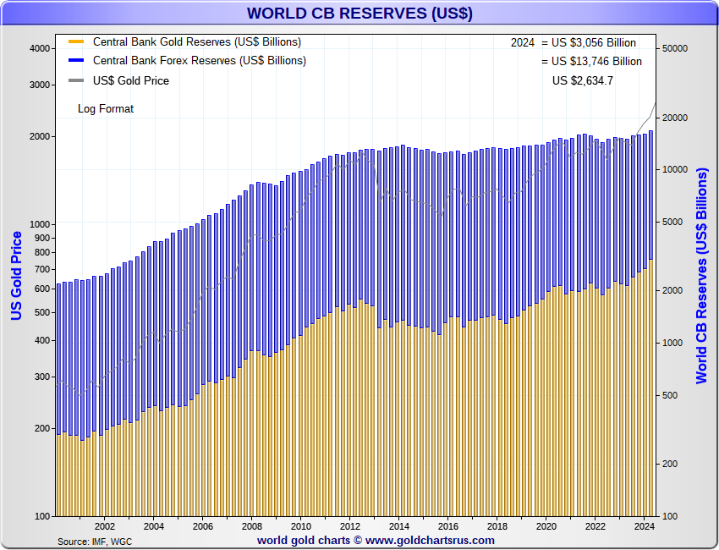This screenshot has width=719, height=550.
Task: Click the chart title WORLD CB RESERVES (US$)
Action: click(x=359, y=14)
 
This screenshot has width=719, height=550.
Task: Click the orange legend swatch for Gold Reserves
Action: click(x=76, y=41)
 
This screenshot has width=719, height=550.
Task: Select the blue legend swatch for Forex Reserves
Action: click(x=76, y=61)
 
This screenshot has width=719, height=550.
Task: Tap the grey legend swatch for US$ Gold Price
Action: click(x=76, y=81)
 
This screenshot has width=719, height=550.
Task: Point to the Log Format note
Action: click(x=106, y=108)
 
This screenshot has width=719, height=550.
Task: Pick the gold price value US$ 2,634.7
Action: click(x=583, y=80)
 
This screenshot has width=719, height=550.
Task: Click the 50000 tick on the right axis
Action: click(x=674, y=48)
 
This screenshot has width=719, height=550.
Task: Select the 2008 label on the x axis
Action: click(x=252, y=525)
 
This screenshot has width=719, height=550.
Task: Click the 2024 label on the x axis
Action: click(x=645, y=525)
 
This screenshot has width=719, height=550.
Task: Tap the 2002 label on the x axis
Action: click(x=105, y=525)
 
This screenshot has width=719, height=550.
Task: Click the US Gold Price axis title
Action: click(x=16, y=276)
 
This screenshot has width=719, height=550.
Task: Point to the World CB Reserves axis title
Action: click(x=702, y=276)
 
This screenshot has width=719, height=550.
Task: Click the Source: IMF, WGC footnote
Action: click(x=94, y=541)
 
